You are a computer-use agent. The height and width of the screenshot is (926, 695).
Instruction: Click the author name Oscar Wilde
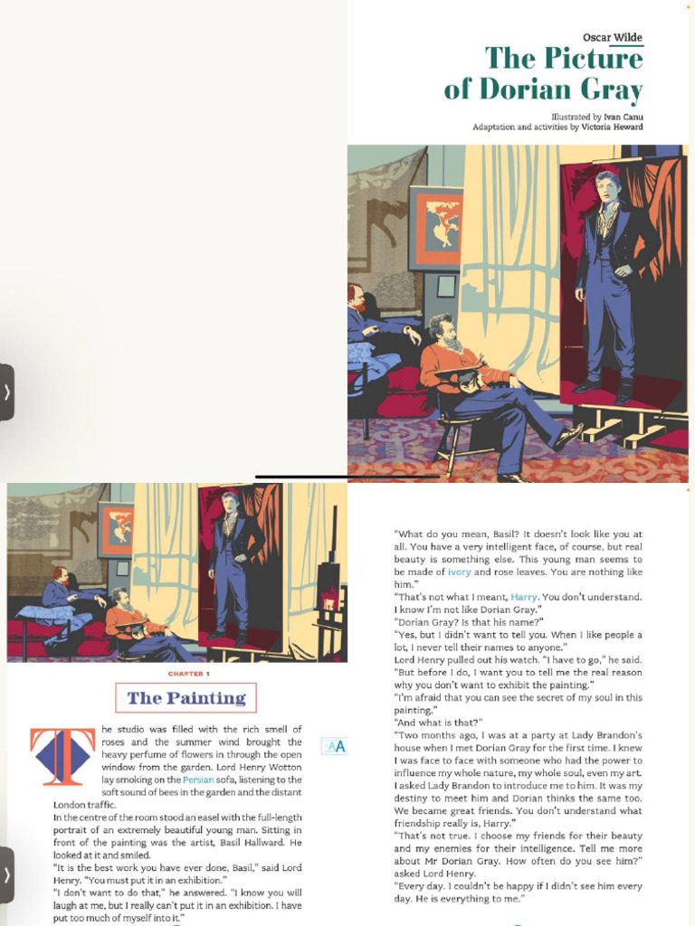pos(613,38)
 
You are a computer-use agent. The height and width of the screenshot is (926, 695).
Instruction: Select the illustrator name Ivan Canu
pos(624,118)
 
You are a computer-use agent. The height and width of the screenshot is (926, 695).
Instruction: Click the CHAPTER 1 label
pos(189,674)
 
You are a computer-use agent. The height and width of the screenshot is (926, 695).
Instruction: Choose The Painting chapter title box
pos(186,698)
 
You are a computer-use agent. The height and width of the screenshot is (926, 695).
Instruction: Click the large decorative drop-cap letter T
pos(62,756)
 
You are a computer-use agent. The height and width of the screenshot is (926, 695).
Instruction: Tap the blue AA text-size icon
pos(334,746)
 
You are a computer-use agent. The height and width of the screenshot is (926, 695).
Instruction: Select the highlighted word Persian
pos(198,780)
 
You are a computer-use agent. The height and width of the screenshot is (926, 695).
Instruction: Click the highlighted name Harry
pos(524,597)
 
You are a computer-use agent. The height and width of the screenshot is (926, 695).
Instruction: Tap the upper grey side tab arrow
pos(7,392)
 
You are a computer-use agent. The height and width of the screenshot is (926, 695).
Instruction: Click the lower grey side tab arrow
pos(7,874)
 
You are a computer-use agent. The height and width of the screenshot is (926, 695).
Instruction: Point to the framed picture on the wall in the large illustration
pos(435,228)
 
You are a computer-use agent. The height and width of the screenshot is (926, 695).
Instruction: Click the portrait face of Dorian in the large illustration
pos(606,187)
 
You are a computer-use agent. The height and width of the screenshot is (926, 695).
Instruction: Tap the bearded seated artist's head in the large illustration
pos(442,330)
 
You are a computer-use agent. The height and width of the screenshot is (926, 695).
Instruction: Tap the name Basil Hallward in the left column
pos(242,843)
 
